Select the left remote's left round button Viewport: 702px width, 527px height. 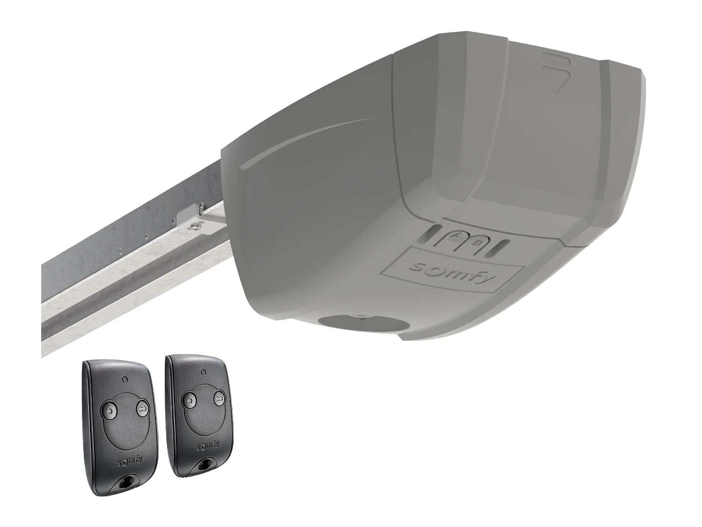[109, 410]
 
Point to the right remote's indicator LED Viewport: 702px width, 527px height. [203, 372]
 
